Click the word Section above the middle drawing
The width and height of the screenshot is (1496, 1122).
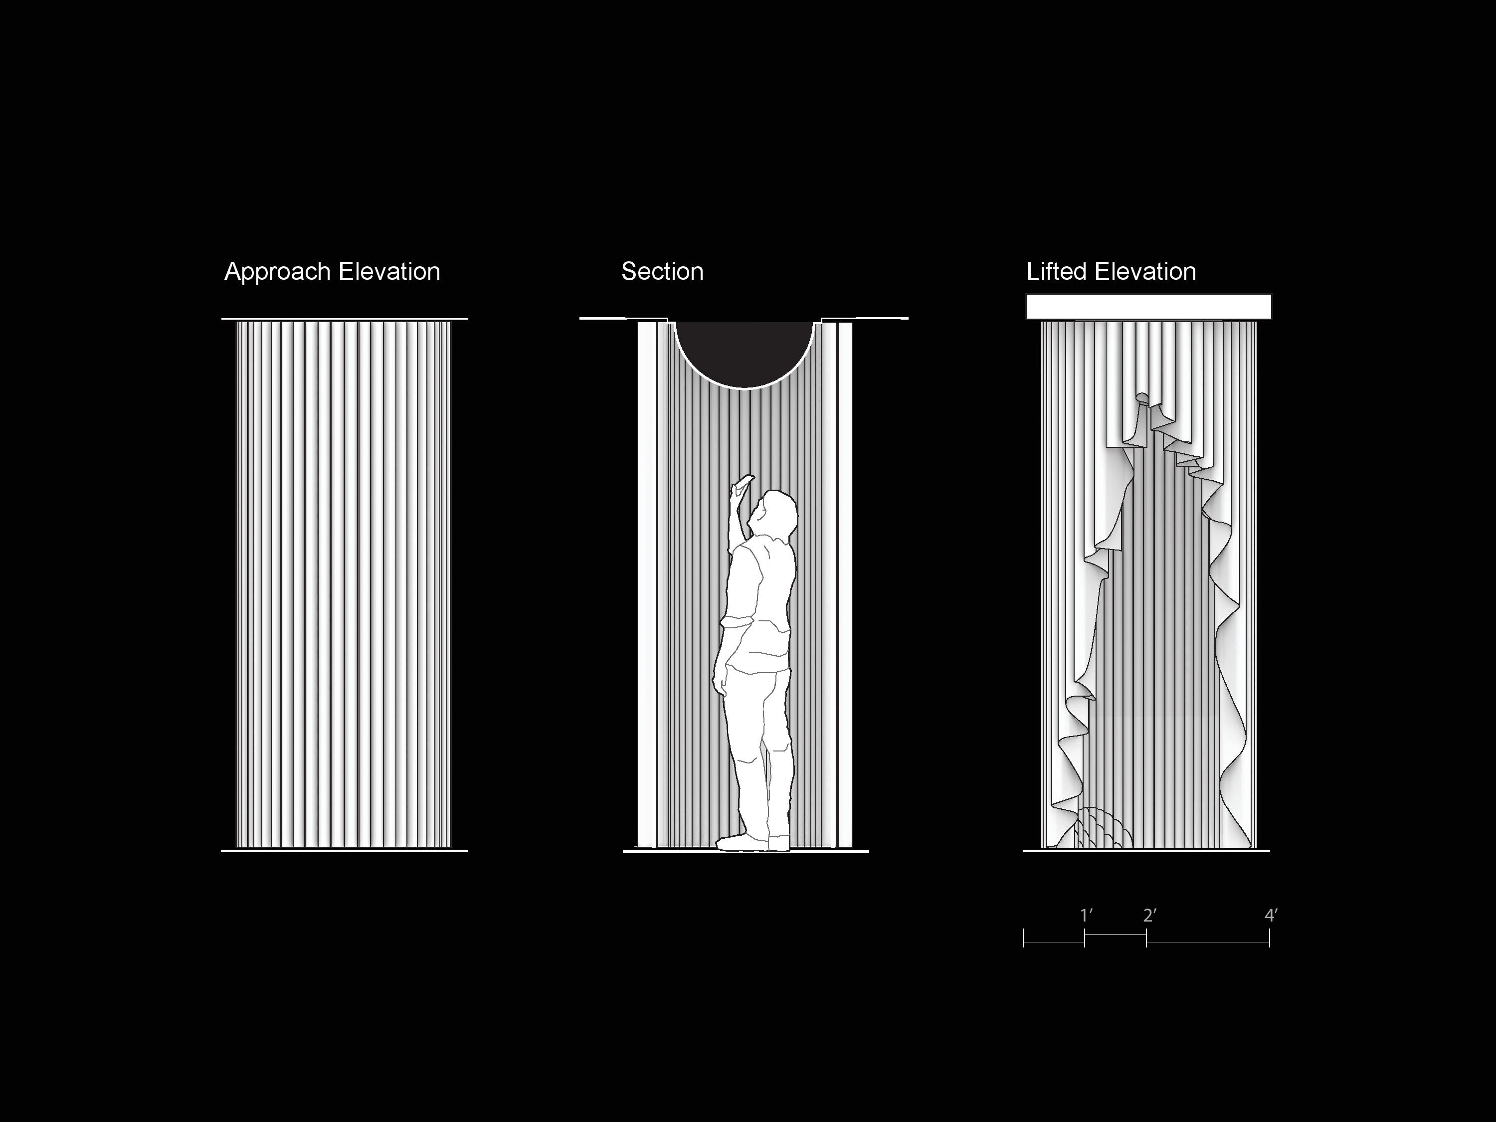pyautogui.click(x=662, y=272)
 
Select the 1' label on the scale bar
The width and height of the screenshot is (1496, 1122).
pyautogui.click(x=1086, y=915)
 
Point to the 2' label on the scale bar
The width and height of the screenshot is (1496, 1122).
pyautogui.click(x=1150, y=915)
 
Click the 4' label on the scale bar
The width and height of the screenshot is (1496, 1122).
pyautogui.click(x=1271, y=915)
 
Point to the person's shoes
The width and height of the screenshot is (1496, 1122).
pyautogui.click(x=752, y=842)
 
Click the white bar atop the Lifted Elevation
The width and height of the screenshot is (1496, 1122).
pyautogui.click(x=1148, y=306)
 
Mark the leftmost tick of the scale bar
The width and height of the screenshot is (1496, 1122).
pyautogui.click(x=1023, y=938)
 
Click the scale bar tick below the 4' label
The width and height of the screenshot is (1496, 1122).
pyautogui.click(x=1270, y=938)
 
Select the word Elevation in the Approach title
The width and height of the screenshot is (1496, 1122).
pyautogui.click(x=389, y=271)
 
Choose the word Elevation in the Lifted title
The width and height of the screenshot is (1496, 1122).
pyautogui.click(x=1145, y=271)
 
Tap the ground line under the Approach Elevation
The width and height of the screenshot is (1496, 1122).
pyautogui.click(x=344, y=851)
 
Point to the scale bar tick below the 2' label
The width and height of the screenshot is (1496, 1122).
pyautogui.click(x=1146, y=938)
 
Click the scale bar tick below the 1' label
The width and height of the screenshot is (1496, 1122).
pyautogui.click(x=1084, y=938)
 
